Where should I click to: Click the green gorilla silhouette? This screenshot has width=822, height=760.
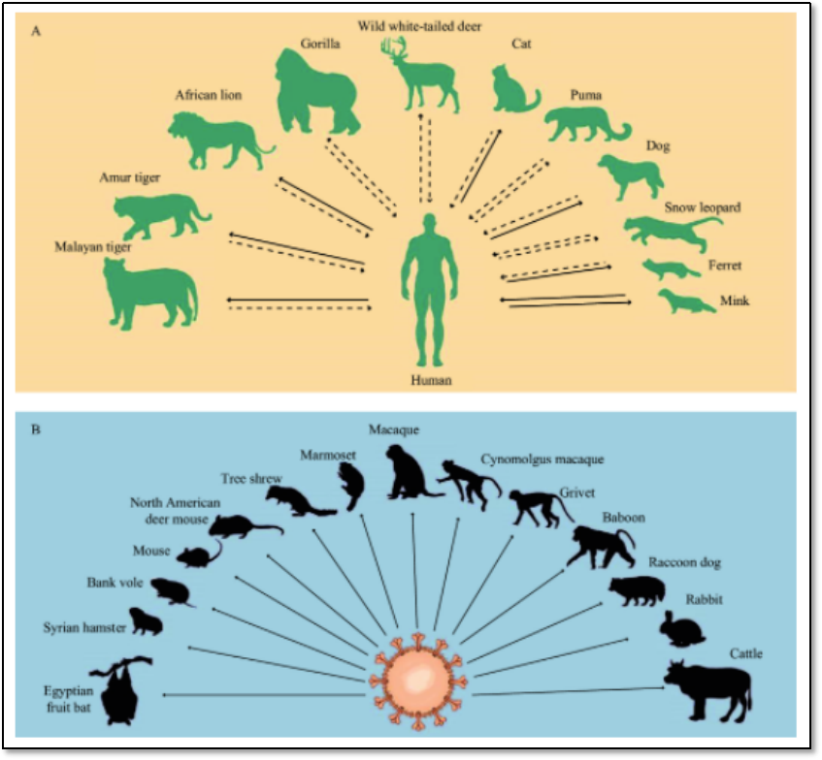click(316, 95)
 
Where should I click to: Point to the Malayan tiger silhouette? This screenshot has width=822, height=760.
click(149, 292)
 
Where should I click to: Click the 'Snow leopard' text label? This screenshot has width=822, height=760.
click(704, 207)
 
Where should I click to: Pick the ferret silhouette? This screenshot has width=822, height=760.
click(669, 269)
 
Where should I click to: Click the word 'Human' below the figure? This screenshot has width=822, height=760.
click(428, 380)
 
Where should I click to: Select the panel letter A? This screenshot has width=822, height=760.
click(36, 31)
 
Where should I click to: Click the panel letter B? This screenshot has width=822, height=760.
click(36, 427)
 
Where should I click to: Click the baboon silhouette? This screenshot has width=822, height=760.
click(601, 548)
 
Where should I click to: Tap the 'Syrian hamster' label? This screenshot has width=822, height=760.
click(84, 628)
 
